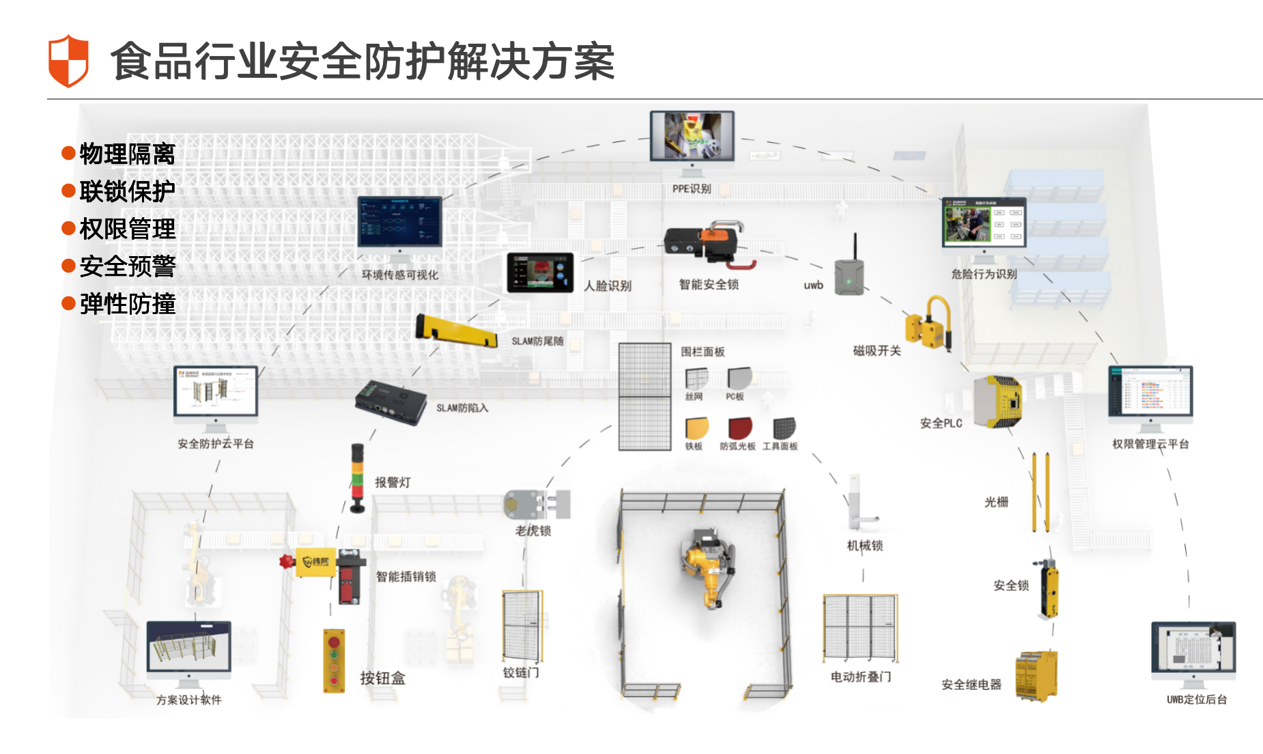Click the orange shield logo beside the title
[x=68, y=61]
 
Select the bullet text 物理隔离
[x=127, y=154]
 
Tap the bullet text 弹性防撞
[x=127, y=304]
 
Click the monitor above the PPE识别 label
[x=692, y=137]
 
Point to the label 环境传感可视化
[x=400, y=275]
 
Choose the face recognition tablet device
[x=540, y=273]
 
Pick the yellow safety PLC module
[x=998, y=402]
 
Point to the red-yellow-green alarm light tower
[x=357, y=477]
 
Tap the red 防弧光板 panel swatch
[x=739, y=428]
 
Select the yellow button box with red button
[x=334, y=660]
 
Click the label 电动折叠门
[x=860, y=677]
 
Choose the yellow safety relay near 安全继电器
[x=1036, y=675]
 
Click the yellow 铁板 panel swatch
[x=696, y=428]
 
